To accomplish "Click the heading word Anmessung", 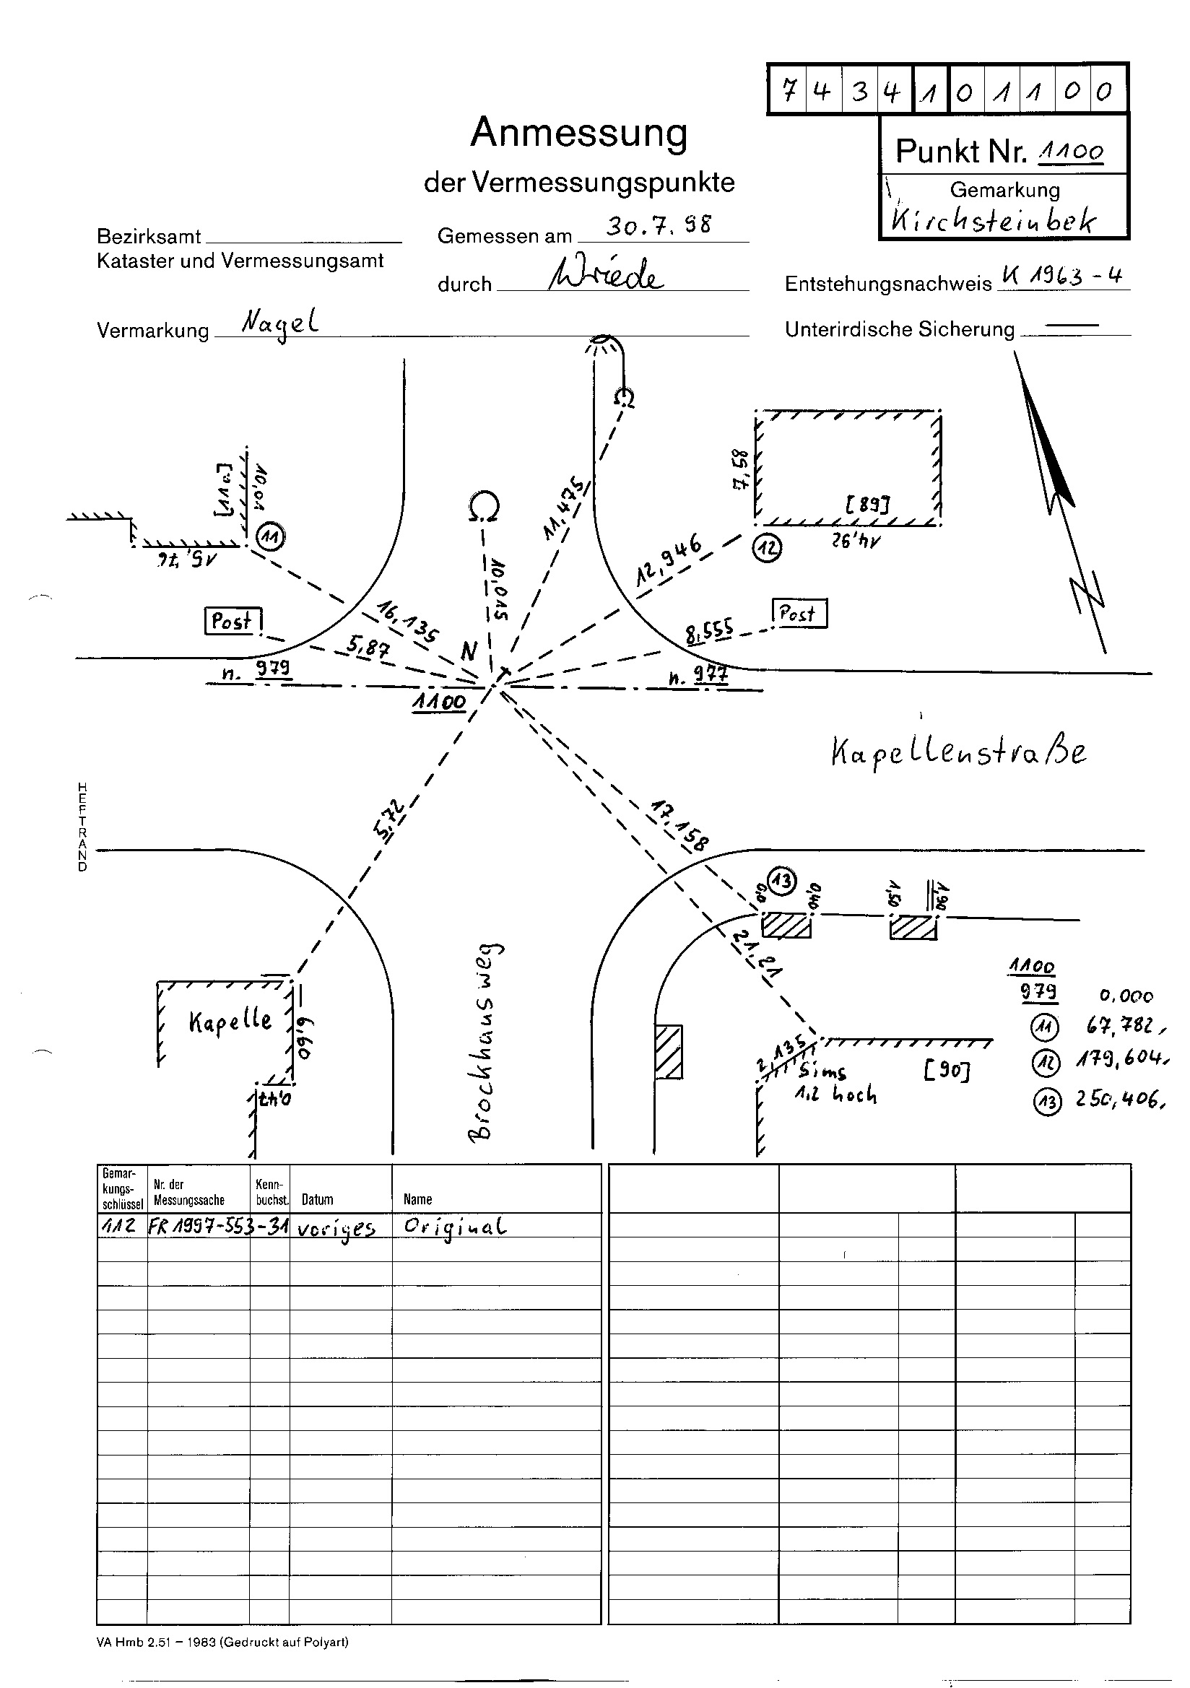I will point(579,133).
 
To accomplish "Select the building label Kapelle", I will point(230,1021).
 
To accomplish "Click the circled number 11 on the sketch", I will point(271,538).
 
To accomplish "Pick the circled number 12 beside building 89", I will point(767,549).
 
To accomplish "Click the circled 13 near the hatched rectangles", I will point(782,880).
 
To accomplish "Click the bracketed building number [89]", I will point(867,505).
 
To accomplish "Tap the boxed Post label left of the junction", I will point(233,621).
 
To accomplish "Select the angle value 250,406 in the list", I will point(1119,1099).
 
